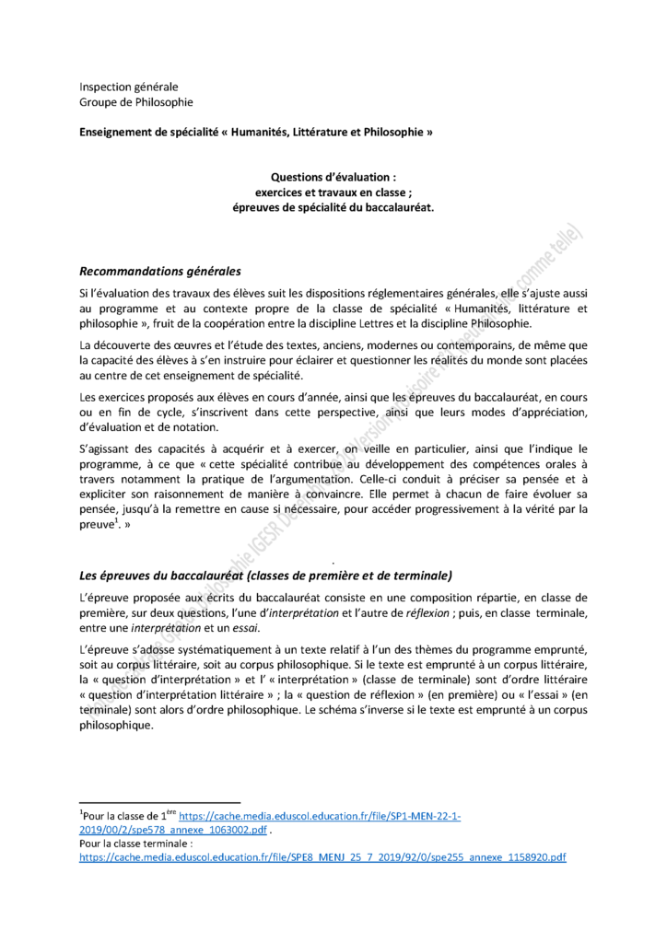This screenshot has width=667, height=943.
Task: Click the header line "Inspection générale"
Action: click(x=128, y=87)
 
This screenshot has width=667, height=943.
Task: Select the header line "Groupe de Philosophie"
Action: click(x=136, y=102)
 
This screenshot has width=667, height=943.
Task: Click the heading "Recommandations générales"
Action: click(x=160, y=272)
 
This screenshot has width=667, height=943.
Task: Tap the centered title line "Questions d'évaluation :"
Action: click(x=333, y=177)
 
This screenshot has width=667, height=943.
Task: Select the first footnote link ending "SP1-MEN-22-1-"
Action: click(x=320, y=816)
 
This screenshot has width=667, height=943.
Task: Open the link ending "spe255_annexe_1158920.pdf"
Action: click(x=322, y=856)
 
